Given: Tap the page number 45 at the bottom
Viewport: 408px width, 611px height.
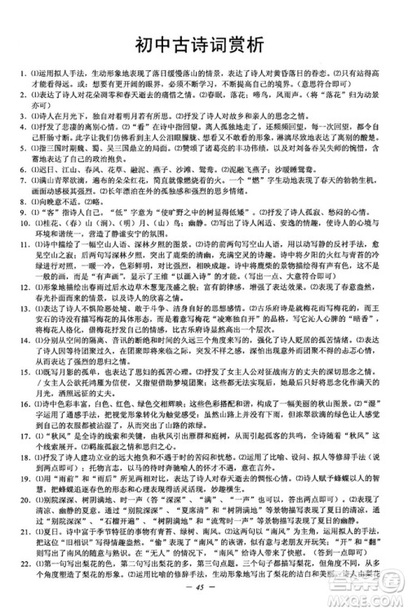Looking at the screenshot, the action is point(204,585).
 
